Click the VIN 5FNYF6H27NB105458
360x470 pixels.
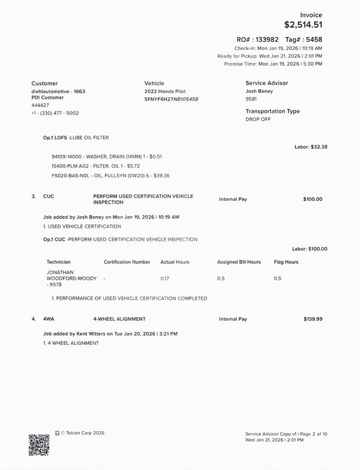point(171,99)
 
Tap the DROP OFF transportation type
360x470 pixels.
point(258,119)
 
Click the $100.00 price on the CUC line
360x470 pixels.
point(312,199)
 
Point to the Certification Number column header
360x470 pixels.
point(127,262)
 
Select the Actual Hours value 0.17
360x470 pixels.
point(165,278)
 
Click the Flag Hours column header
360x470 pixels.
point(286,262)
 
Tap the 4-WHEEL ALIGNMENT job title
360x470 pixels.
point(119,319)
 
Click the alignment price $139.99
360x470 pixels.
point(312,319)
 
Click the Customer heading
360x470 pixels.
point(45,83)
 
